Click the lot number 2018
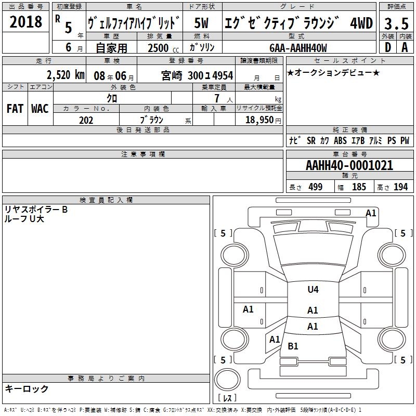(25, 22)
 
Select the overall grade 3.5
(396, 23)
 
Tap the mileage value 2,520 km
(66, 75)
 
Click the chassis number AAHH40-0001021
(349, 165)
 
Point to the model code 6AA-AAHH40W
(298, 48)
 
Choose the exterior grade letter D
(388, 47)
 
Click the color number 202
(86, 120)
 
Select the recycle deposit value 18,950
(259, 120)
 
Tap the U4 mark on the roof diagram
(313, 289)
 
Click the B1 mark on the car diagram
(293, 346)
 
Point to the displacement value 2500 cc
(163, 48)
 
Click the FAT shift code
(15, 109)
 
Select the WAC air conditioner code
(40, 109)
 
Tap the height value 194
(400, 187)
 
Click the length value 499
(316, 187)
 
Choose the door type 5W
(201, 23)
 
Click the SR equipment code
(311, 140)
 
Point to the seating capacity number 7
(217, 98)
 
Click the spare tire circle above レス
(227, 380)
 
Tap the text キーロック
(27, 388)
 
